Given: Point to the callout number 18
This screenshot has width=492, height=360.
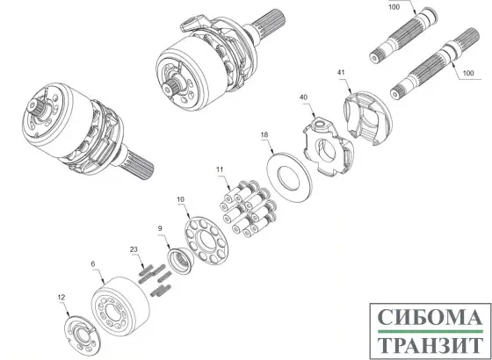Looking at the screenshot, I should coord(264,133).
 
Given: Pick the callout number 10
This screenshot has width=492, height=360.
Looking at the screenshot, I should coord(182,201).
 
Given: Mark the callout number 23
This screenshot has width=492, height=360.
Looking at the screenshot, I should coord(134,250).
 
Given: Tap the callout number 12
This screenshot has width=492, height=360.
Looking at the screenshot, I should coord(61,298).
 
